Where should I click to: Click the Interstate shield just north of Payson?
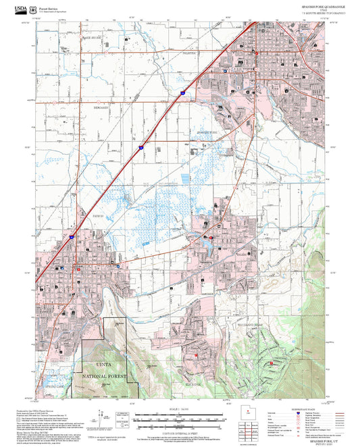[x=70, y=238]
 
